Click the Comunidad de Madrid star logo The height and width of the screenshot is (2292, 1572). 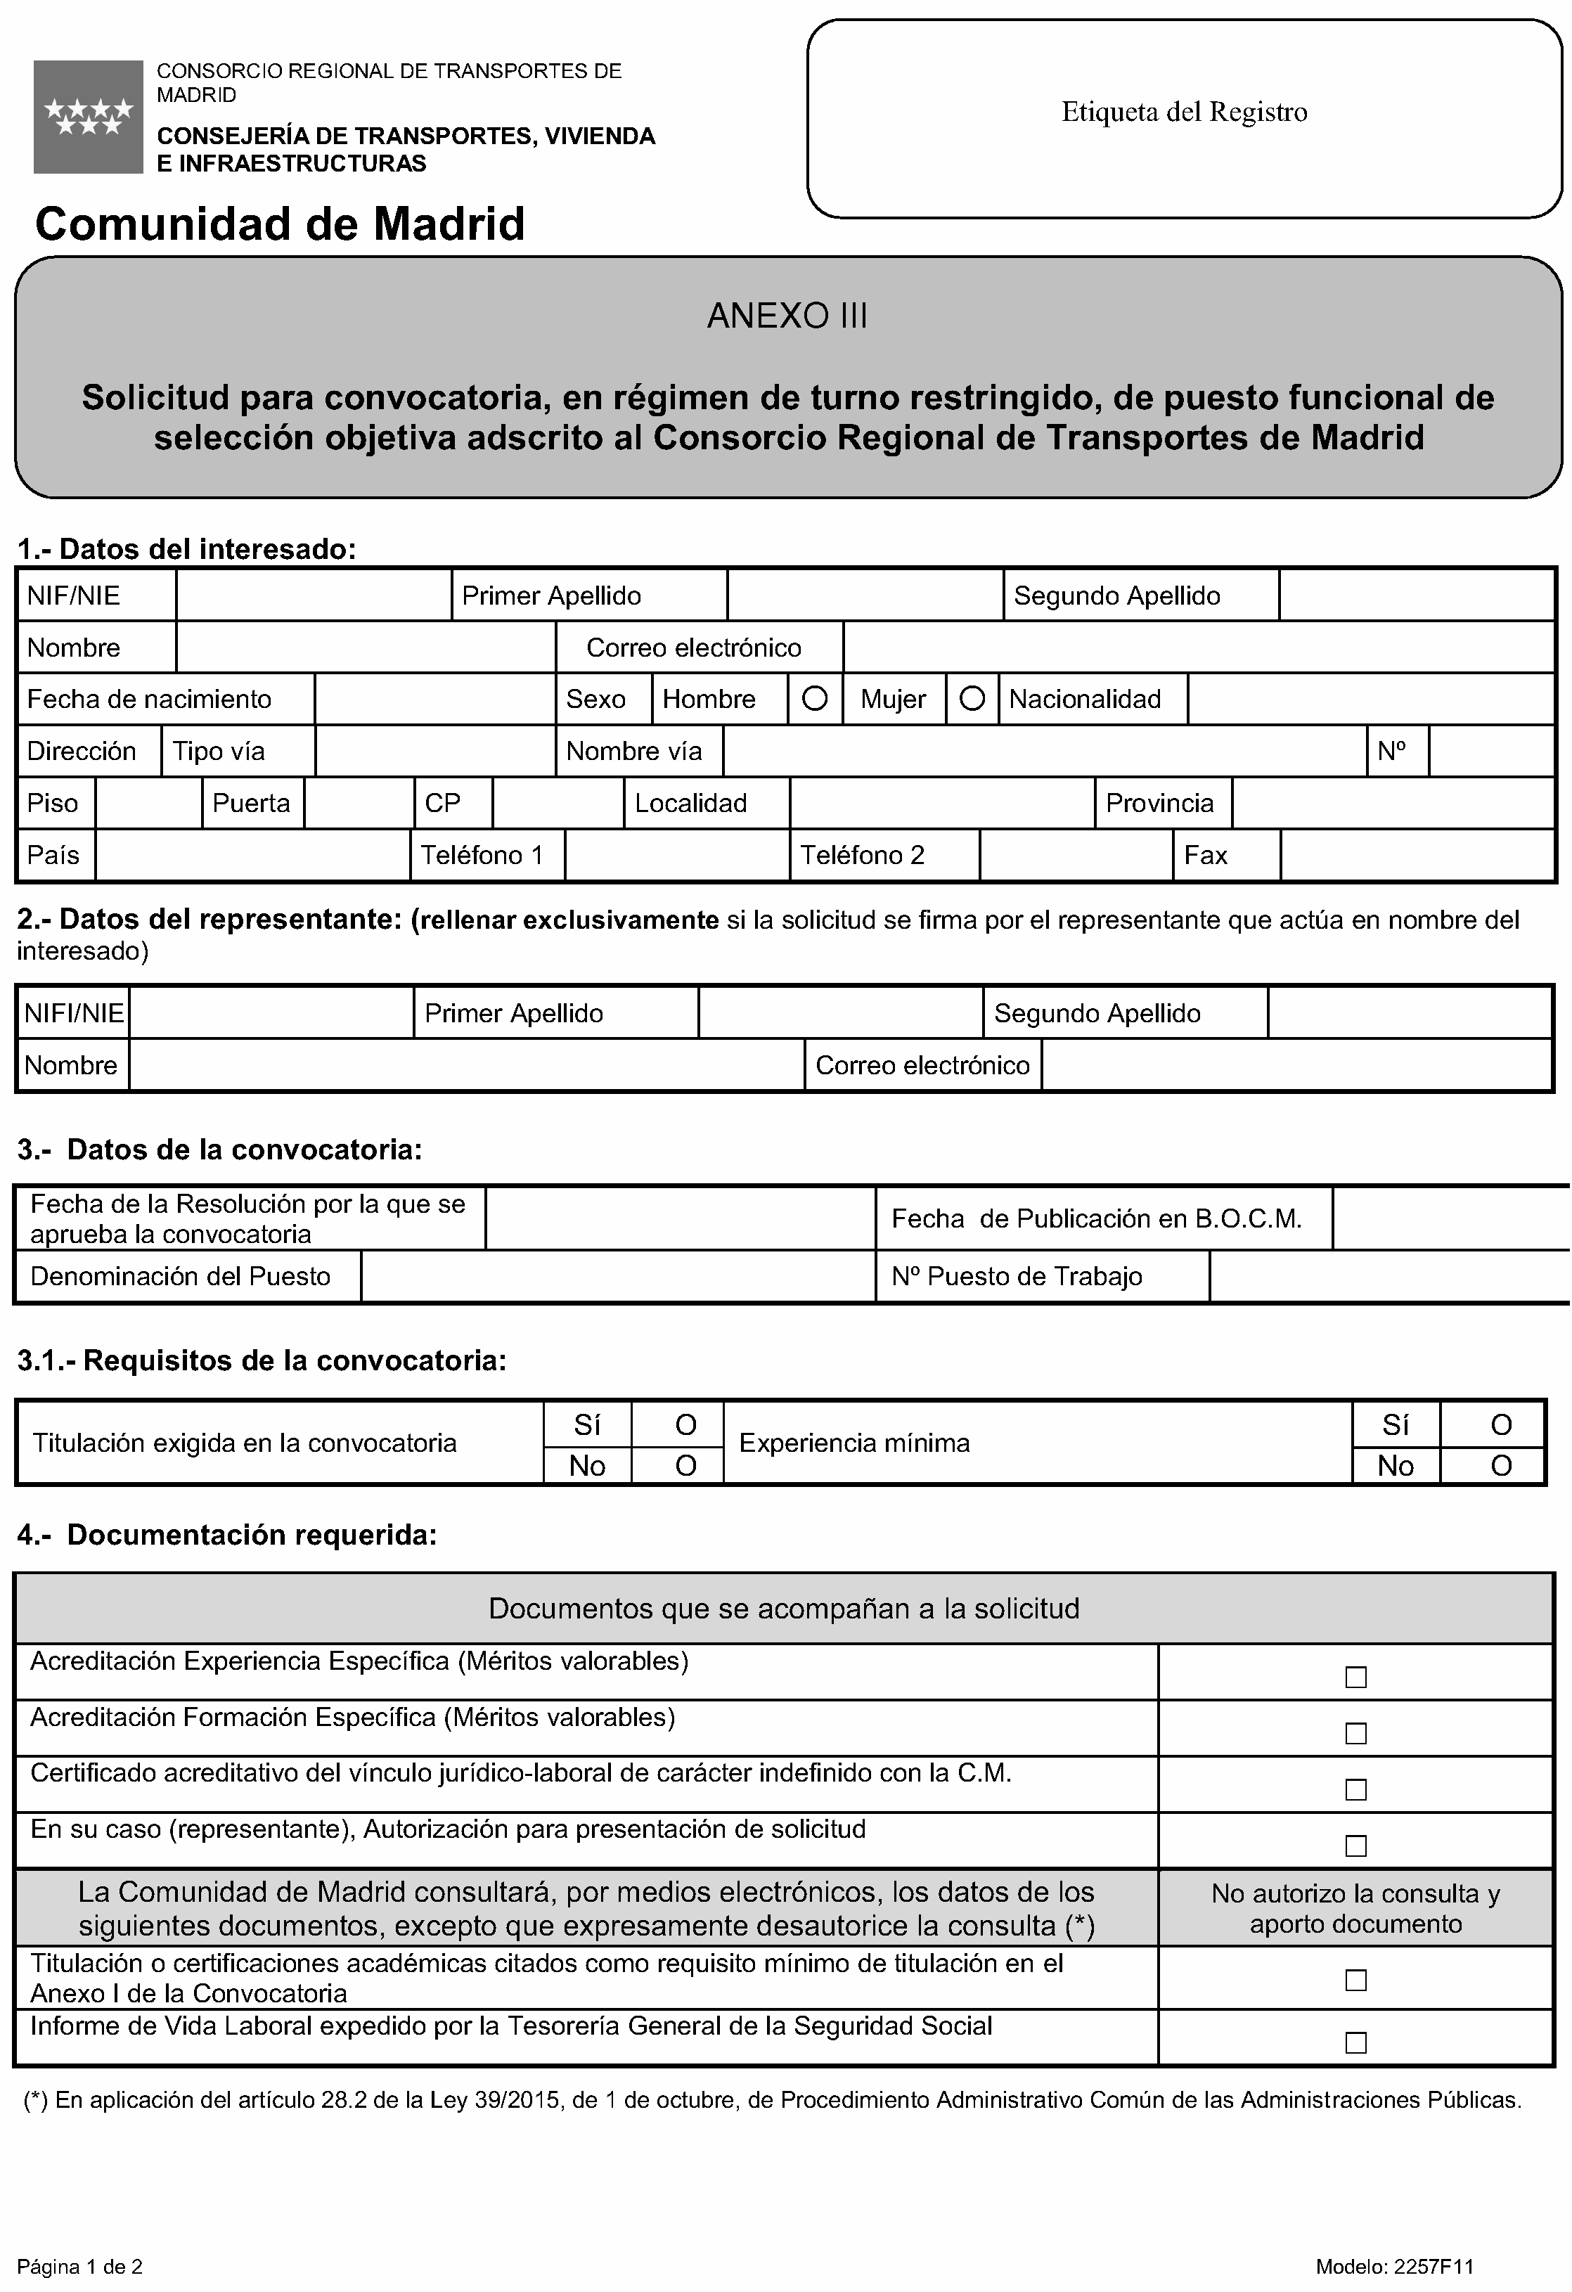click(88, 117)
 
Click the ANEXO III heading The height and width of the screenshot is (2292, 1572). click(787, 316)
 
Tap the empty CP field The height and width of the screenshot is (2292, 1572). click(558, 803)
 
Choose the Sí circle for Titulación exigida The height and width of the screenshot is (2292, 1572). click(685, 1425)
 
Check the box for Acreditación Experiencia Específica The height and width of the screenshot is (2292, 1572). click(1356, 1677)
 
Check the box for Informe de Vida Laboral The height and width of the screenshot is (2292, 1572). click(1356, 2042)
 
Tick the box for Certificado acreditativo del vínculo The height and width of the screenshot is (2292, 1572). click(1356, 1789)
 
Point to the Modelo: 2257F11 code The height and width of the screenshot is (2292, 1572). click(1395, 2267)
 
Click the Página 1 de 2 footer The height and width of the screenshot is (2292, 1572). click(80, 2267)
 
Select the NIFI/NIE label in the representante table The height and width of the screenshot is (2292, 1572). click(74, 1013)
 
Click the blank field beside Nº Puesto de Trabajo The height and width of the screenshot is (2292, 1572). click(1389, 1276)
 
